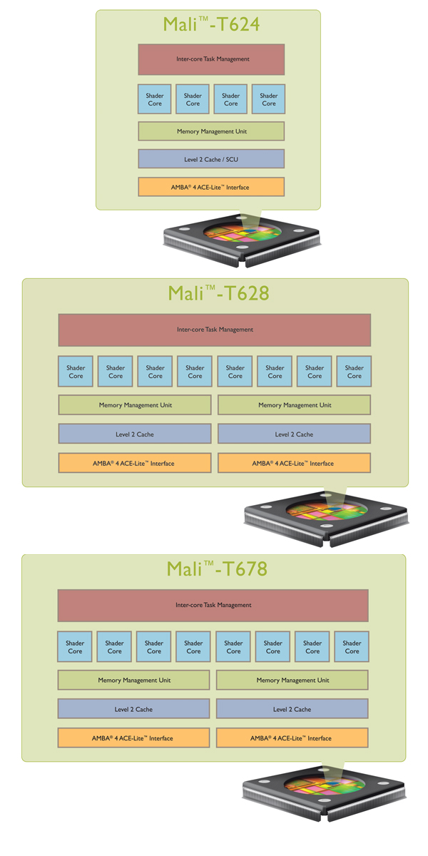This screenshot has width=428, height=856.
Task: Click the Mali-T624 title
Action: [x=211, y=24]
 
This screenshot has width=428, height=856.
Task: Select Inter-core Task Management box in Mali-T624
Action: [x=211, y=59]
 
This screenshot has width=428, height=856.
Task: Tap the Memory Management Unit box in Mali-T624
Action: [x=211, y=131]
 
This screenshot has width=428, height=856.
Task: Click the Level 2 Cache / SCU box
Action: [x=211, y=159]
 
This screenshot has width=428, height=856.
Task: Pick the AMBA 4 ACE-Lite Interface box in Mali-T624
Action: [x=211, y=187]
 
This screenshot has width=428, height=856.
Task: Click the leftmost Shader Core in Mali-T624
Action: [x=155, y=99]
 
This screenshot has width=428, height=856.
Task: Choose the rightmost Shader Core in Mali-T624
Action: [x=269, y=99]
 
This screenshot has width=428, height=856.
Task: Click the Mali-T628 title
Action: [x=218, y=292]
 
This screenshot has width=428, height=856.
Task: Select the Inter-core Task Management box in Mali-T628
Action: [x=215, y=330]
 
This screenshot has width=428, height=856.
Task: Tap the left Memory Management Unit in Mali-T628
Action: [x=135, y=405]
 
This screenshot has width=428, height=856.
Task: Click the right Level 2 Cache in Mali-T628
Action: [x=294, y=434]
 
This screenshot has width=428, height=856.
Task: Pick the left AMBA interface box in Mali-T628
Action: [x=135, y=463]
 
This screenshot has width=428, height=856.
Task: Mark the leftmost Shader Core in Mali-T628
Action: [x=76, y=372]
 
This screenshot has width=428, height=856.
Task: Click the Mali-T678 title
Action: [x=217, y=569]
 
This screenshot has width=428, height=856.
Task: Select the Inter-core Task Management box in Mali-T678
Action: [x=213, y=605]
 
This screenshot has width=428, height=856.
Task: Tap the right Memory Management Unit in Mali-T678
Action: [x=292, y=680]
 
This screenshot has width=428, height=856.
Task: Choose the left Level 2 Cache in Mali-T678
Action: [x=133, y=709]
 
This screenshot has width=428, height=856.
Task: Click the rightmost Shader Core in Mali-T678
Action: [x=352, y=647]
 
